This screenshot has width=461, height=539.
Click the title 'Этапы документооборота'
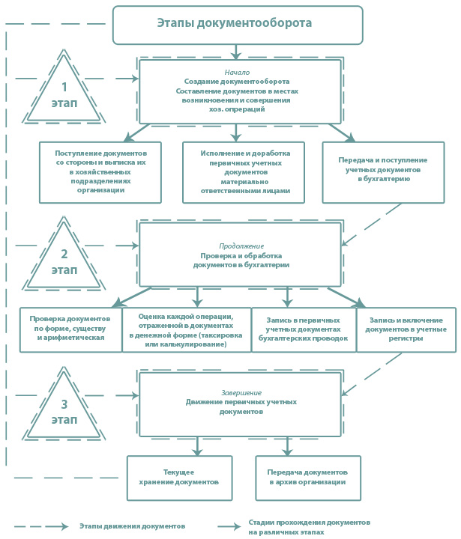pyautogui.click(x=235, y=23)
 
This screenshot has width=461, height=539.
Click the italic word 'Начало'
pyautogui.click(x=237, y=72)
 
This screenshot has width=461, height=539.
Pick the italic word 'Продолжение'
pyautogui.click(x=241, y=246)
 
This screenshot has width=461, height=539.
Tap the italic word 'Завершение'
pyautogui.click(x=241, y=392)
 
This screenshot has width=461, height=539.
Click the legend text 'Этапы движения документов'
pyautogui.click(x=132, y=526)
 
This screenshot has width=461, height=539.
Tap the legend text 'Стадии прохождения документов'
pyautogui.click(x=309, y=523)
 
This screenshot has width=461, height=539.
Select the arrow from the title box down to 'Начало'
pyautogui.click(x=236, y=52)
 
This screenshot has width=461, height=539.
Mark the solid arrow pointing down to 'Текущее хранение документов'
pyautogui.click(x=197, y=446)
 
